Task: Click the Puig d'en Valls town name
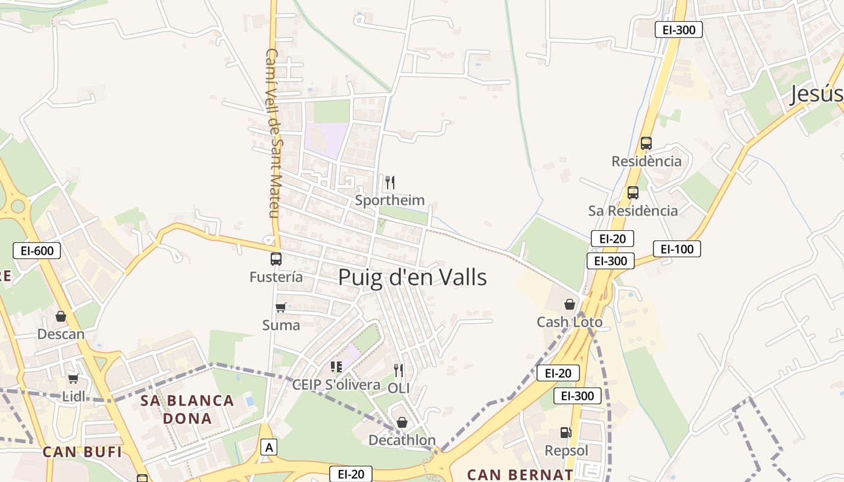coord(412,278)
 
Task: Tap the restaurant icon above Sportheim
coord(390,183)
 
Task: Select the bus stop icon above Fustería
coord(276,259)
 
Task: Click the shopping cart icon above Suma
coord(281,308)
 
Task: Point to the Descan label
coord(61,334)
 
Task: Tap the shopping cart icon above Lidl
coord(73,378)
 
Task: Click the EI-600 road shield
coord(37,251)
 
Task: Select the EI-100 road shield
coord(676,249)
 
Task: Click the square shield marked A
coord(269,447)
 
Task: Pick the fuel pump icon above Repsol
coord(565,433)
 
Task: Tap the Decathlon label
coord(402,440)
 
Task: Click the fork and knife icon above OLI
coord(398,370)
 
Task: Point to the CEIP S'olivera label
coord(336,384)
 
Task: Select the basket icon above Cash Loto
coord(570,304)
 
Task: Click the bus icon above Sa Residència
coord(632,193)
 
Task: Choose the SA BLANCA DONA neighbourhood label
coord(187,409)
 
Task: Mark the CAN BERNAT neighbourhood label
coord(520,474)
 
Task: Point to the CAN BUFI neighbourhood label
coord(83,452)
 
